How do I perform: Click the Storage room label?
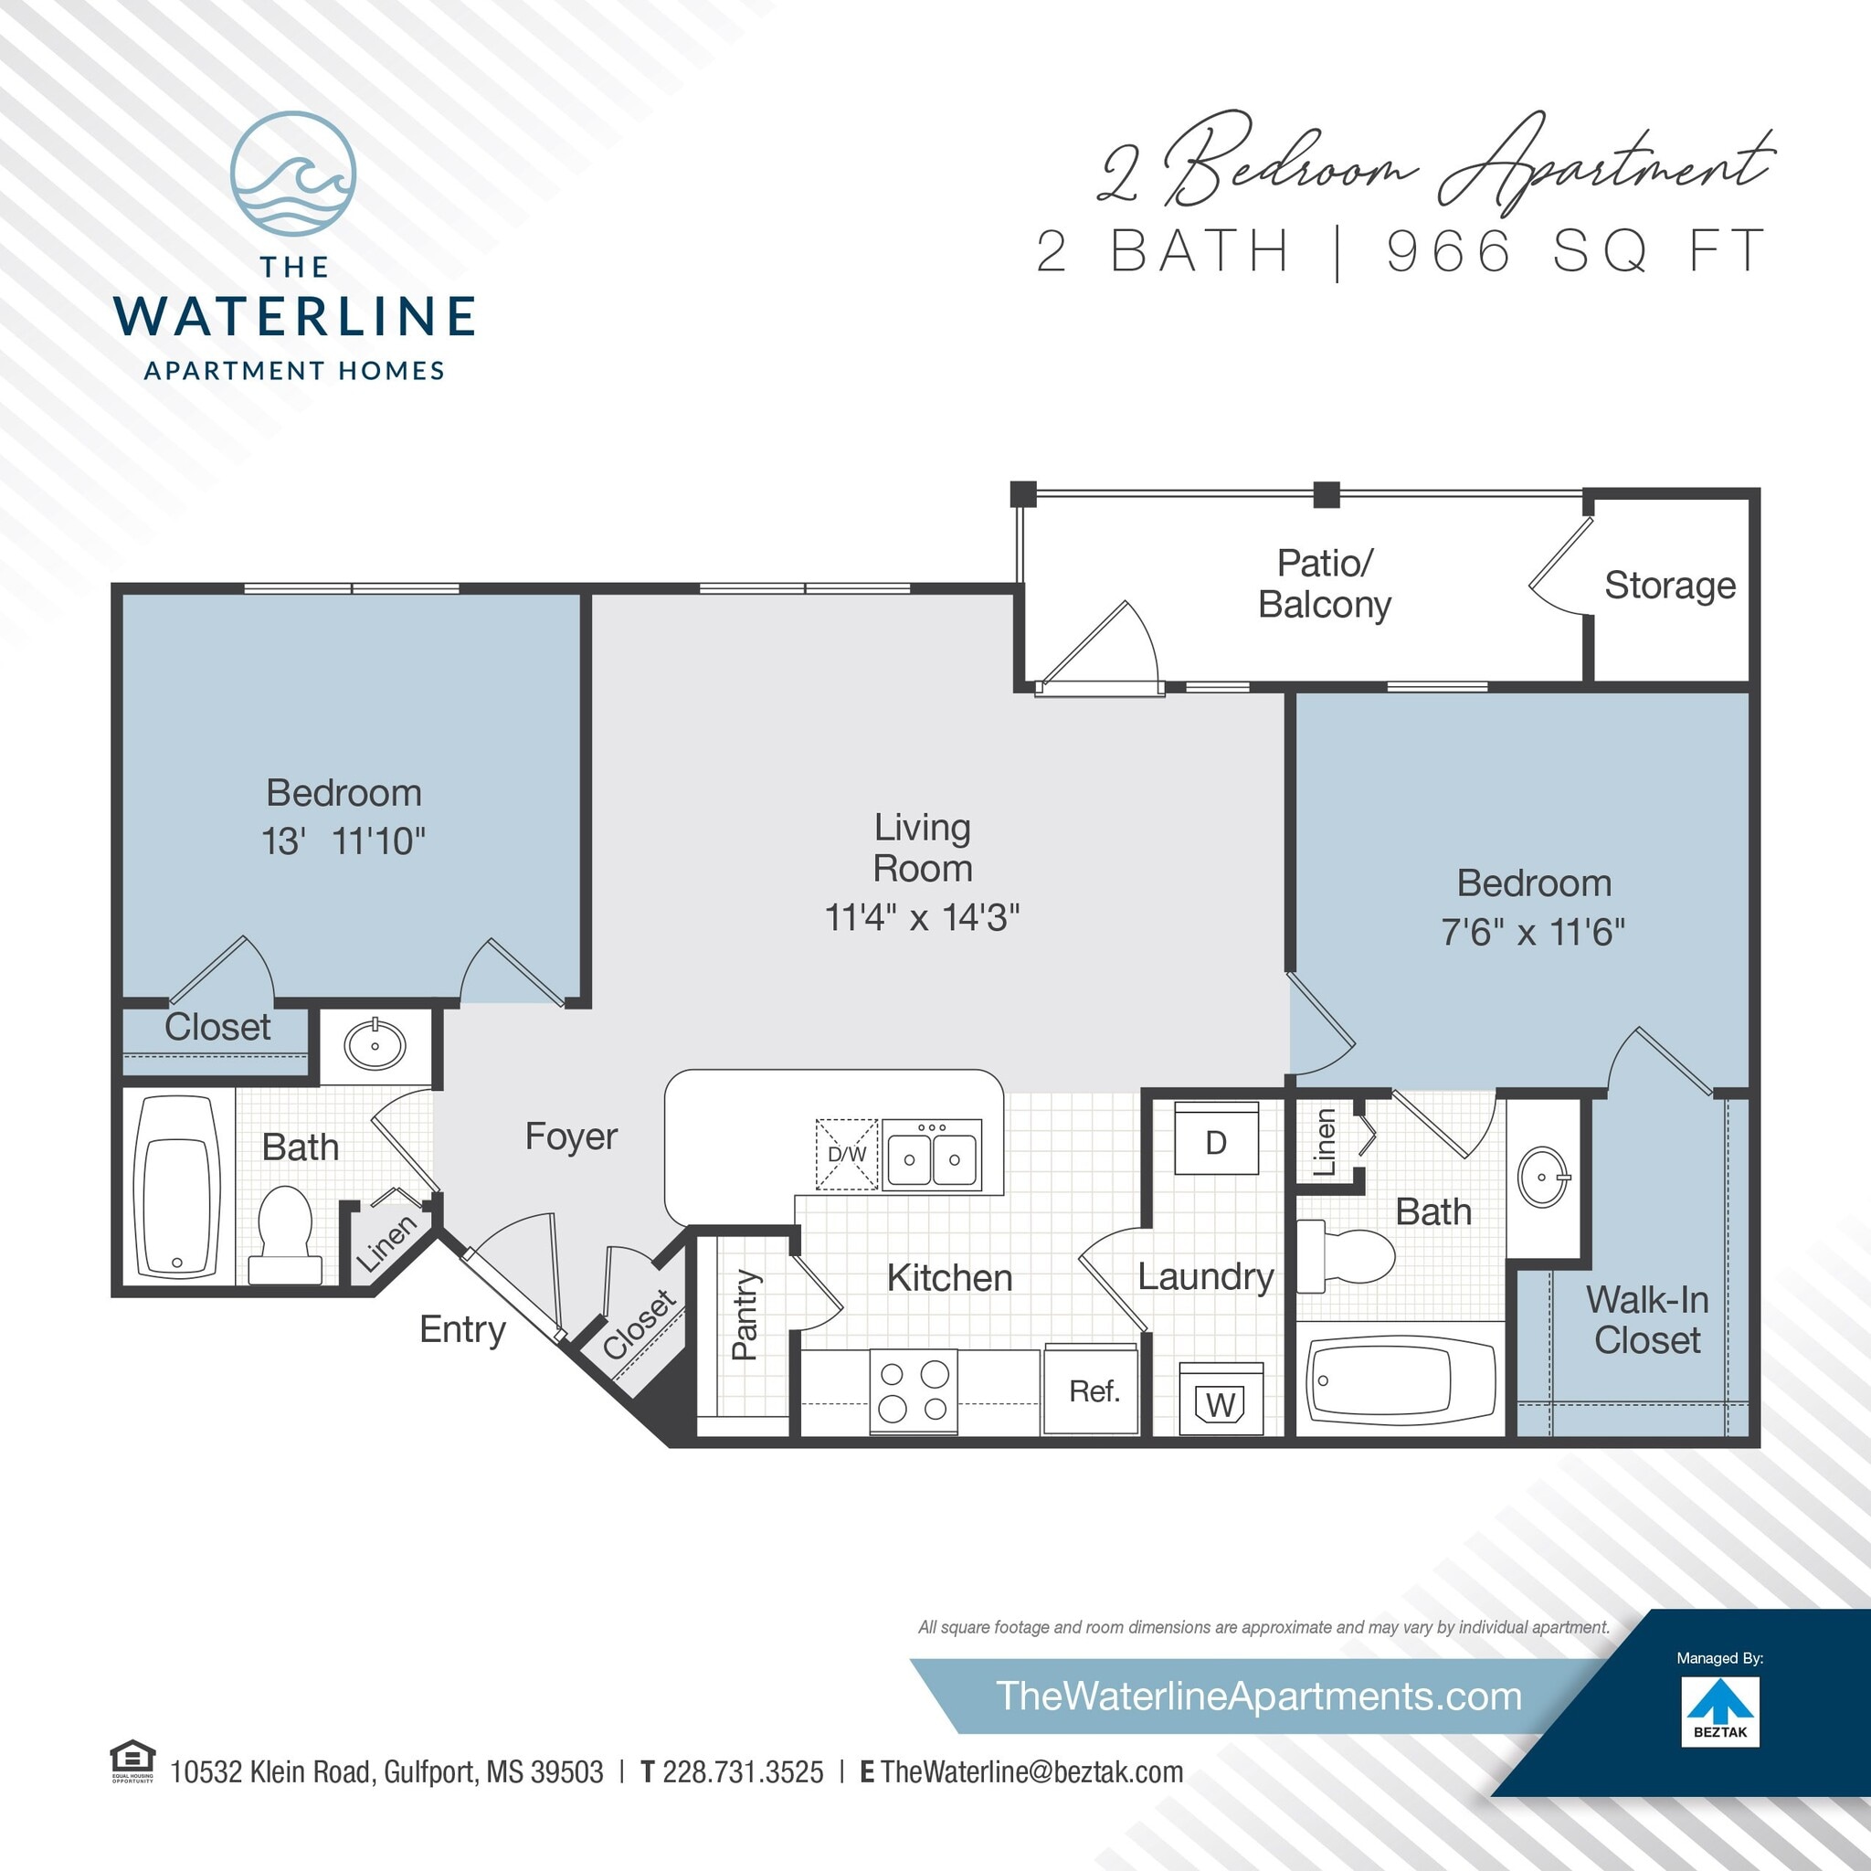pyautogui.click(x=1670, y=586)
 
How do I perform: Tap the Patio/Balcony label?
pyautogui.click(x=1324, y=584)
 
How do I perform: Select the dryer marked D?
pyautogui.click(x=1216, y=1143)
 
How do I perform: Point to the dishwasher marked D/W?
pyautogui.click(x=846, y=1154)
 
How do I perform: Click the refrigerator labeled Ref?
pyautogui.click(x=1094, y=1390)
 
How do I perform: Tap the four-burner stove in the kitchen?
pyautogui.click(x=914, y=1390)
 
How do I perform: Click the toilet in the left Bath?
pyautogui.click(x=285, y=1233)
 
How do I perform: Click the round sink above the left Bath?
pyautogui.click(x=375, y=1045)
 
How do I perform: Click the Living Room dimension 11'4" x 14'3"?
pyautogui.click(x=922, y=917)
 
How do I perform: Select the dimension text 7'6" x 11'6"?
pyautogui.click(x=1533, y=932)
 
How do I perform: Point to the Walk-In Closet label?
pyautogui.click(x=1646, y=1319)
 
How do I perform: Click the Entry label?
pyautogui.click(x=462, y=1329)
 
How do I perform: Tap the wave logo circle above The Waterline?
pyautogui.click(x=293, y=174)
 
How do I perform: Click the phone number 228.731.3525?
pyautogui.click(x=743, y=1772)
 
